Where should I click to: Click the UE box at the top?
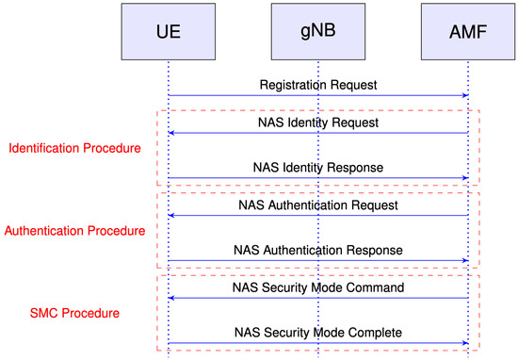(168, 32)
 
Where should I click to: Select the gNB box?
(317, 32)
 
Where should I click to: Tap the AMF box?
(468, 32)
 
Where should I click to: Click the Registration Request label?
(318, 85)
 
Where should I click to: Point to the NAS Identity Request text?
(318, 123)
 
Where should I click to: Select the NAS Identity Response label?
(318, 168)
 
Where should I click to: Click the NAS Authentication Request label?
(318, 205)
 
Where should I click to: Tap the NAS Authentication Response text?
(318, 250)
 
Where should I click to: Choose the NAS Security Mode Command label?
(318, 286)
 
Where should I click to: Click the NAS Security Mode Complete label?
(318, 332)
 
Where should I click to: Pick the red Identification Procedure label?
(73, 149)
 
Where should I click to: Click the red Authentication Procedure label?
(74, 230)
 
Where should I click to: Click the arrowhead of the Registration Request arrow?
(464, 95)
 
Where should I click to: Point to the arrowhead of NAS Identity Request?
(172, 133)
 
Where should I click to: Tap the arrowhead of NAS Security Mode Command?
(172, 297)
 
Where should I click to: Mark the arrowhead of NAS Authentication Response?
(464, 260)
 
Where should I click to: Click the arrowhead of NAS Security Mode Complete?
(464, 342)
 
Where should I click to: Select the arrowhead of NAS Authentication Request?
(172, 215)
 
